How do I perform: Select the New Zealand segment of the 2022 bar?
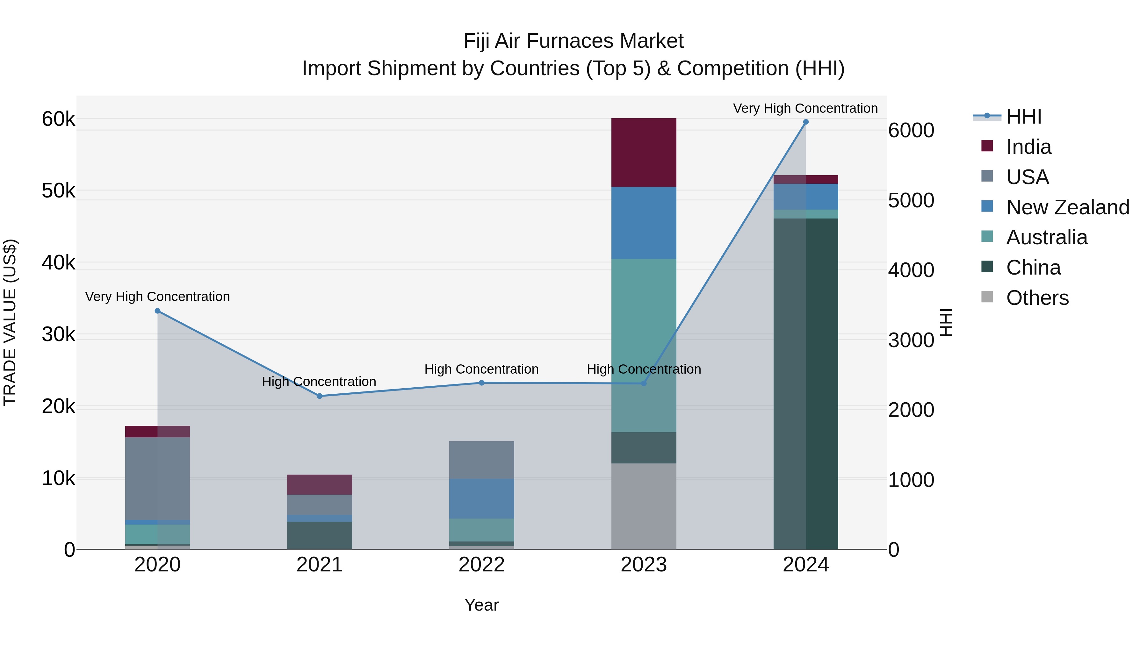click(x=481, y=498)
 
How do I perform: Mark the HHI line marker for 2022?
click(x=481, y=383)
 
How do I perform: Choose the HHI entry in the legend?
click(x=1023, y=117)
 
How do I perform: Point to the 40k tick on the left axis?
click(x=58, y=263)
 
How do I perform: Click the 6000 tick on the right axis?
click(x=911, y=130)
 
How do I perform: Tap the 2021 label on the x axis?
click(x=319, y=565)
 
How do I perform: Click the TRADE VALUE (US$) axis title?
click(x=10, y=322)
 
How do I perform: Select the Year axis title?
click(x=481, y=605)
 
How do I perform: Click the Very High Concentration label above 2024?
click(x=805, y=108)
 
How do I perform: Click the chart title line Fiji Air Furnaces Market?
click(x=573, y=41)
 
